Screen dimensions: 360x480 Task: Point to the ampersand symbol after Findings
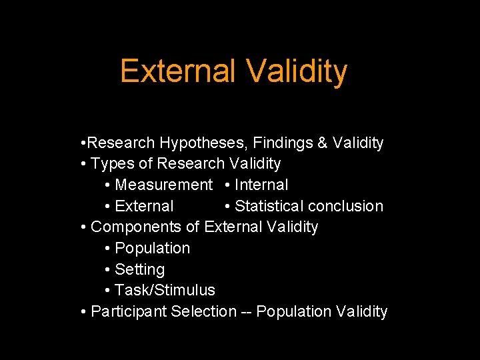tap(323, 143)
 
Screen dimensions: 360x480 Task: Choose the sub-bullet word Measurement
tap(163, 185)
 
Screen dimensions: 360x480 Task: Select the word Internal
tap(261, 185)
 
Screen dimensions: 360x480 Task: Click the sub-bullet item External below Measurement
tap(144, 206)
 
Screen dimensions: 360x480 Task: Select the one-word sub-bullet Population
tap(152, 248)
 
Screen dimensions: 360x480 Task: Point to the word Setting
tap(139, 269)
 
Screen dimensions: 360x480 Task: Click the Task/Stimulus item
tap(165, 290)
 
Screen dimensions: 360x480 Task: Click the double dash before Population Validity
tap(246, 311)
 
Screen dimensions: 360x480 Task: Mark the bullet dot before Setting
tap(108, 269)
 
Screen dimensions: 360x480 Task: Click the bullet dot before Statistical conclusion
tap(228, 206)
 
